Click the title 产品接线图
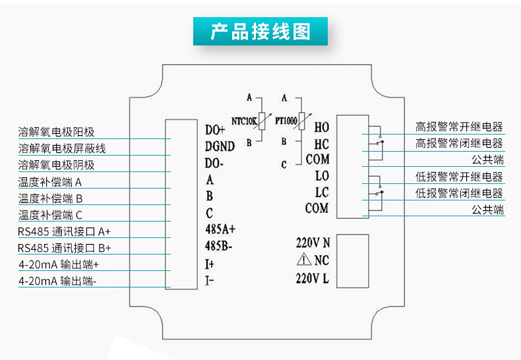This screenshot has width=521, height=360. click(x=260, y=32)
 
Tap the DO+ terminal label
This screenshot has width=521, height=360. click(x=215, y=129)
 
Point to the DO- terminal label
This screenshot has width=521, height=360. click(x=214, y=162)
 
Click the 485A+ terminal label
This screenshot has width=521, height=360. click(x=220, y=229)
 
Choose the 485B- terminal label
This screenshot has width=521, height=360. click(x=219, y=247)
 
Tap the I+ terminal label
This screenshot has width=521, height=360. click(x=210, y=264)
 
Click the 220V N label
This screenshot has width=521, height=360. click(x=313, y=241)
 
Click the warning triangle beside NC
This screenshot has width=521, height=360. click(x=303, y=259)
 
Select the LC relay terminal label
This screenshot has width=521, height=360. click(x=321, y=193)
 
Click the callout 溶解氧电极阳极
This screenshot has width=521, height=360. click(x=56, y=133)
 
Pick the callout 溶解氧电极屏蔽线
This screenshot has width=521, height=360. click(x=61, y=149)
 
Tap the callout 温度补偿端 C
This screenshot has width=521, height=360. click(x=51, y=215)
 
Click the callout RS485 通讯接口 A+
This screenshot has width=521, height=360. click(x=64, y=231)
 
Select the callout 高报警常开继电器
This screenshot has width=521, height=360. click(x=459, y=127)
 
